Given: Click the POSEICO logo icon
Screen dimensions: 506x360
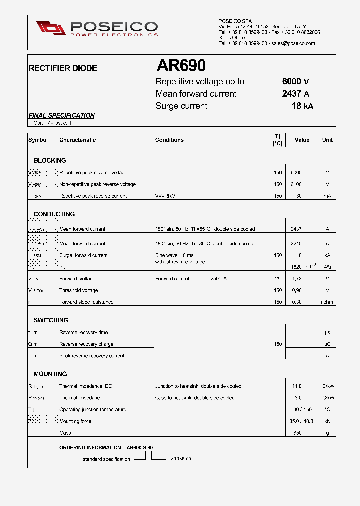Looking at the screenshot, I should click(x=51, y=28).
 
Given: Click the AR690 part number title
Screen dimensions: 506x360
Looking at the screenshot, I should click(x=181, y=66).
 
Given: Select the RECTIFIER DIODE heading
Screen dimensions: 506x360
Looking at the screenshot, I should click(x=63, y=68).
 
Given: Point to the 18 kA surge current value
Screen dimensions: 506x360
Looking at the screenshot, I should click(x=302, y=106).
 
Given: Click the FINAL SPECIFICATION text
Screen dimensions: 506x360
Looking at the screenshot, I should click(x=61, y=115).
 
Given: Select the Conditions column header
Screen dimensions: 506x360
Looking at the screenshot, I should click(x=169, y=140).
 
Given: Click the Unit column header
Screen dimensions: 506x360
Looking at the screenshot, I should click(x=327, y=140).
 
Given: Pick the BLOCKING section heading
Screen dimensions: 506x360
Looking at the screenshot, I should click(x=50, y=160).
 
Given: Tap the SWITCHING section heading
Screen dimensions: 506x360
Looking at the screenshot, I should click(x=51, y=320).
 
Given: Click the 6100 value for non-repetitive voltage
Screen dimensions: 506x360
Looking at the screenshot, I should click(x=296, y=184).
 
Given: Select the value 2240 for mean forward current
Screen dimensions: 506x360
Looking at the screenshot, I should click(x=296, y=244).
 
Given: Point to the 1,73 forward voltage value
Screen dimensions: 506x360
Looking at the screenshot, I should click(x=296, y=279).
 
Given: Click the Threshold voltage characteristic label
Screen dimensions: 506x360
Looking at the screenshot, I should click(x=78, y=290).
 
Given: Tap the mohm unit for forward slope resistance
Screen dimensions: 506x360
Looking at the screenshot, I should click(x=327, y=302).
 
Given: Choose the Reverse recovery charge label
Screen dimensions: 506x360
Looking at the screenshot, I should click(x=86, y=344).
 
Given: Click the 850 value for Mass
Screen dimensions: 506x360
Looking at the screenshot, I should click(x=297, y=433).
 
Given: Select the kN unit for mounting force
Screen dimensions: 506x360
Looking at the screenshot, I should click(x=327, y=421).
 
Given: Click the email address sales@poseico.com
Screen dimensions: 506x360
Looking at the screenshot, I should click(x=293, y=43).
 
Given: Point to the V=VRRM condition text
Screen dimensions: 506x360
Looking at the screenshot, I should click(x=165, y=196).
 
